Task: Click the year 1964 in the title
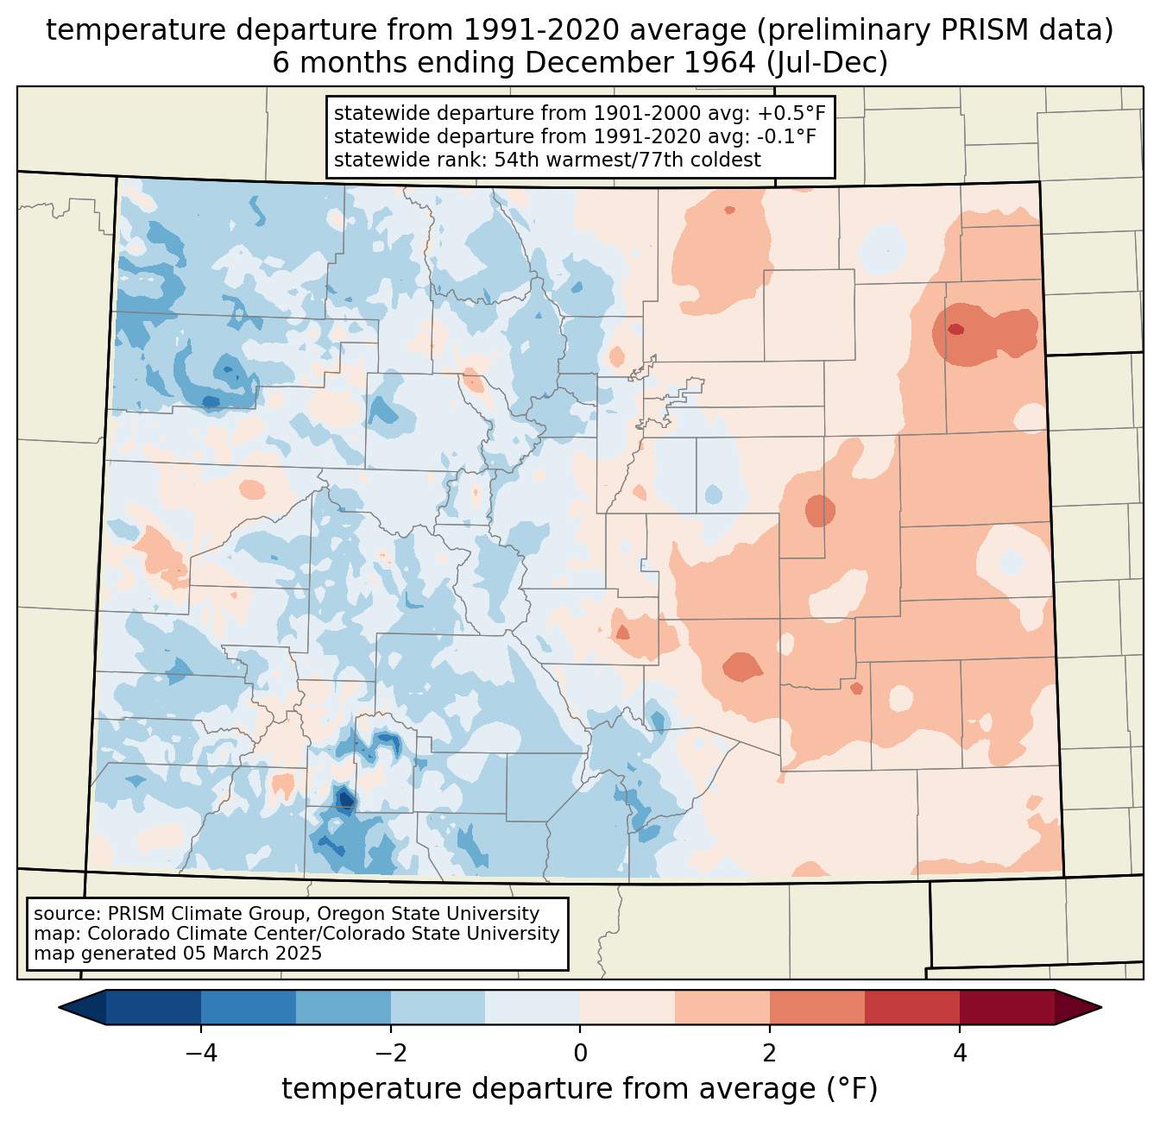[720, 63]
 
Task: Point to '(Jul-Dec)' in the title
[827, 63]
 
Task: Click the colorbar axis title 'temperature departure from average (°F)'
[580, 1089]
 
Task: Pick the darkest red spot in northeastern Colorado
[955, 329]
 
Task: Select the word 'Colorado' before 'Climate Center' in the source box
[129, 933]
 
